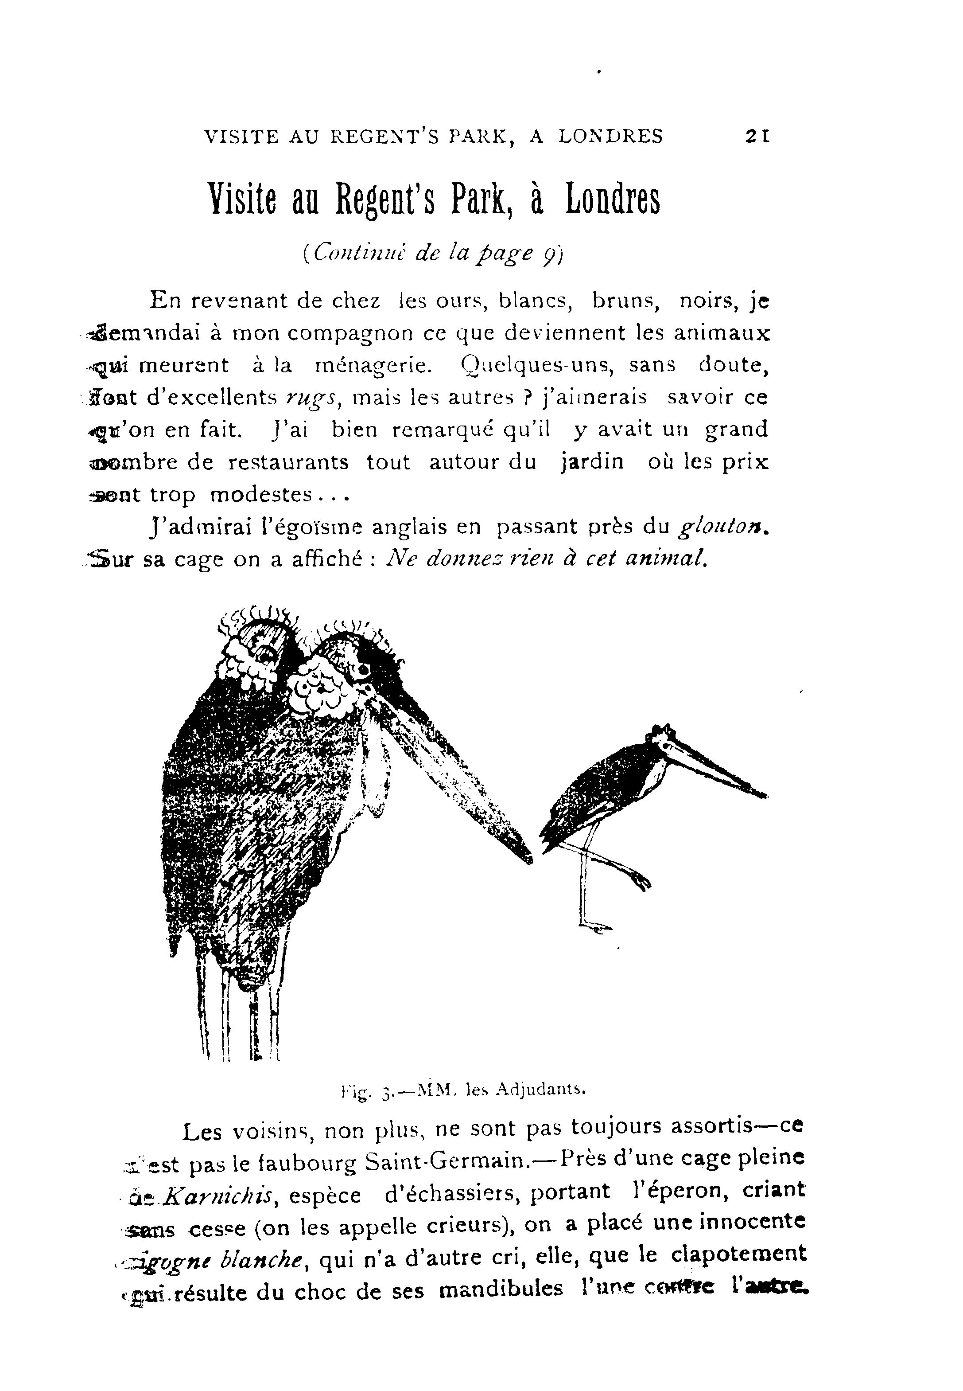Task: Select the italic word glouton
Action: pos(724,527)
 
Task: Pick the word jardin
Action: pos(592,462)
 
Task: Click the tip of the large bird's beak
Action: pos(528,857)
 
